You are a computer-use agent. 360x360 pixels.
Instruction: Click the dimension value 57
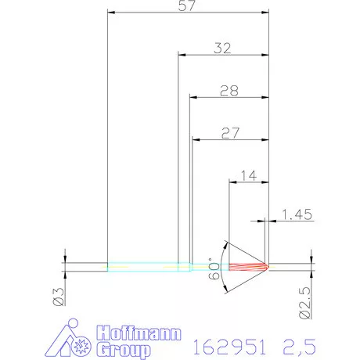coord(186,6)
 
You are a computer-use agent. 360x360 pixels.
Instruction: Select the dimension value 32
coord(223,48)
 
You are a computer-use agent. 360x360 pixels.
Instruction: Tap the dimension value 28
coord(229,91)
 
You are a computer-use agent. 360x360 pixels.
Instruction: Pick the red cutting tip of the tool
coord(250,267)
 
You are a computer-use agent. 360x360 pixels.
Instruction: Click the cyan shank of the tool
coord(145,267)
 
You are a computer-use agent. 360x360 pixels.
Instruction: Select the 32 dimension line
coord(223,55)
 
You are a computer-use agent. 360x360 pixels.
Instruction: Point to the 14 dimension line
coord(248,182)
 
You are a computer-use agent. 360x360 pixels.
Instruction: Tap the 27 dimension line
coord(229,140)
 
